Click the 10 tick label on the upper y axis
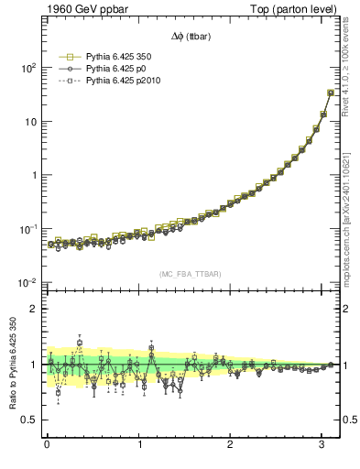[x=30, y=122]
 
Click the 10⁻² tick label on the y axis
[x=28, y=282]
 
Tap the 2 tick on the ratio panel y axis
[x=34, y=309]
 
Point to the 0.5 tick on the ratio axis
[x=30, y=420]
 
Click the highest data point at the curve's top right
[x=331, y=93]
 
